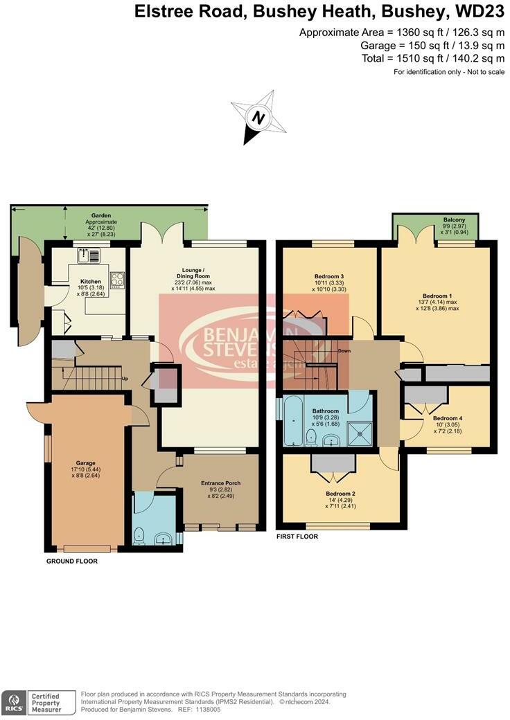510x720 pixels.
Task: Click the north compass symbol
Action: pyautogui.click(x=258, y=118)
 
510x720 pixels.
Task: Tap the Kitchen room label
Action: pyautogui.click(x=91, y=282)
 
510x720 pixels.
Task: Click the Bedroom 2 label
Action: pyautogui.click(x=340, y=494)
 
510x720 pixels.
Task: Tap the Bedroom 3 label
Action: pyautogui.click(x=330, y=276)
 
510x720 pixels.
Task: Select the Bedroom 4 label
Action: pyautogui.click(x=447, y=418)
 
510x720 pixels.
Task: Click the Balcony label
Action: pyautogui.click(x=455, y=220)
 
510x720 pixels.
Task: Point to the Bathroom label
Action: pyautogui.click(x=325, y=411)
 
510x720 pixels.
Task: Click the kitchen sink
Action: pyautogui.click(x=89, y=255)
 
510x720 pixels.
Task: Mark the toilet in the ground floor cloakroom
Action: pyautogui.click(x=139, y=534)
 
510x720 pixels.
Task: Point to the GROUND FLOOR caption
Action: pyautogui.click(x=71, y=561)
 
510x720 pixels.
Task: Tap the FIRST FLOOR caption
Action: pyautogui.click(x=297, y=536)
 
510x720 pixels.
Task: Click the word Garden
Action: pyautogui.click(x=102, y=216)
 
